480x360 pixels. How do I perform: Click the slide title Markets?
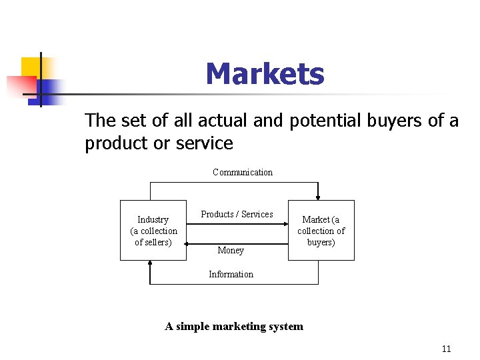(x=265, y=74)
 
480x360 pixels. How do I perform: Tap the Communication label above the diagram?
(x=243, y=172)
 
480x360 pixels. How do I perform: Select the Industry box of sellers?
(x=153, y=230)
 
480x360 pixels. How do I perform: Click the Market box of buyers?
(x=321, y=230)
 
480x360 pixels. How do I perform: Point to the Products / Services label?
(x=237, y=214)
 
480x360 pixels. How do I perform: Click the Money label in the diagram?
(x=231, y=250)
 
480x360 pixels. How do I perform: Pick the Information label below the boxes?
(x=231, y=274)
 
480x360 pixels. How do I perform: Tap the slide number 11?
(x=446, y=349)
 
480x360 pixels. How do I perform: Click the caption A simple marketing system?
(x=234, y=326)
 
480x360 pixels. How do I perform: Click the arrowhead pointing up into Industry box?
(x=151, y=264)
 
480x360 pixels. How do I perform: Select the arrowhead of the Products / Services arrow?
(x=284, y=225)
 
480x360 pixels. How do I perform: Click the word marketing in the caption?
(x=235, y=326)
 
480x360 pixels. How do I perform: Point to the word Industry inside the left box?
(x=153, y=219)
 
